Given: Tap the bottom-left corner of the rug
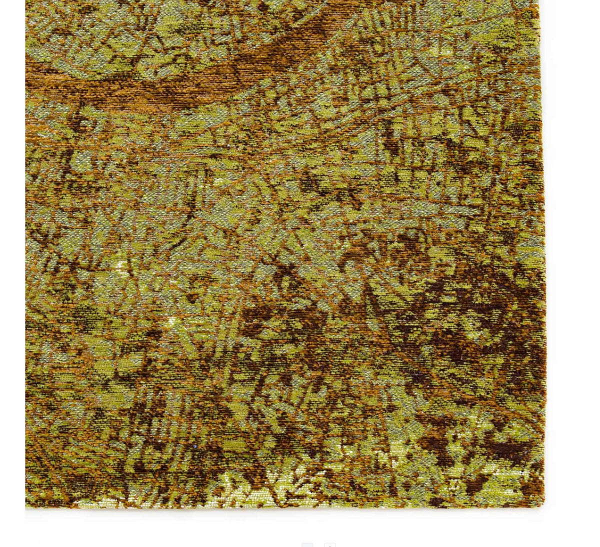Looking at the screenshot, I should (26, 506).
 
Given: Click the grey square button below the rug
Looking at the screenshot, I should (307, 544).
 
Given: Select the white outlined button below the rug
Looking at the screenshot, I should (330, 544).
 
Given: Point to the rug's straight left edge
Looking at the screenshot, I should (25, 250).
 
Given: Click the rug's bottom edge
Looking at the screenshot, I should (285, 507).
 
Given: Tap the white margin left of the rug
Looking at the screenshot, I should (12, 250).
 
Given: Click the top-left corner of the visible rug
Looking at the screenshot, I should (26, 1).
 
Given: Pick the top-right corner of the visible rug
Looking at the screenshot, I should (539, 1).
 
